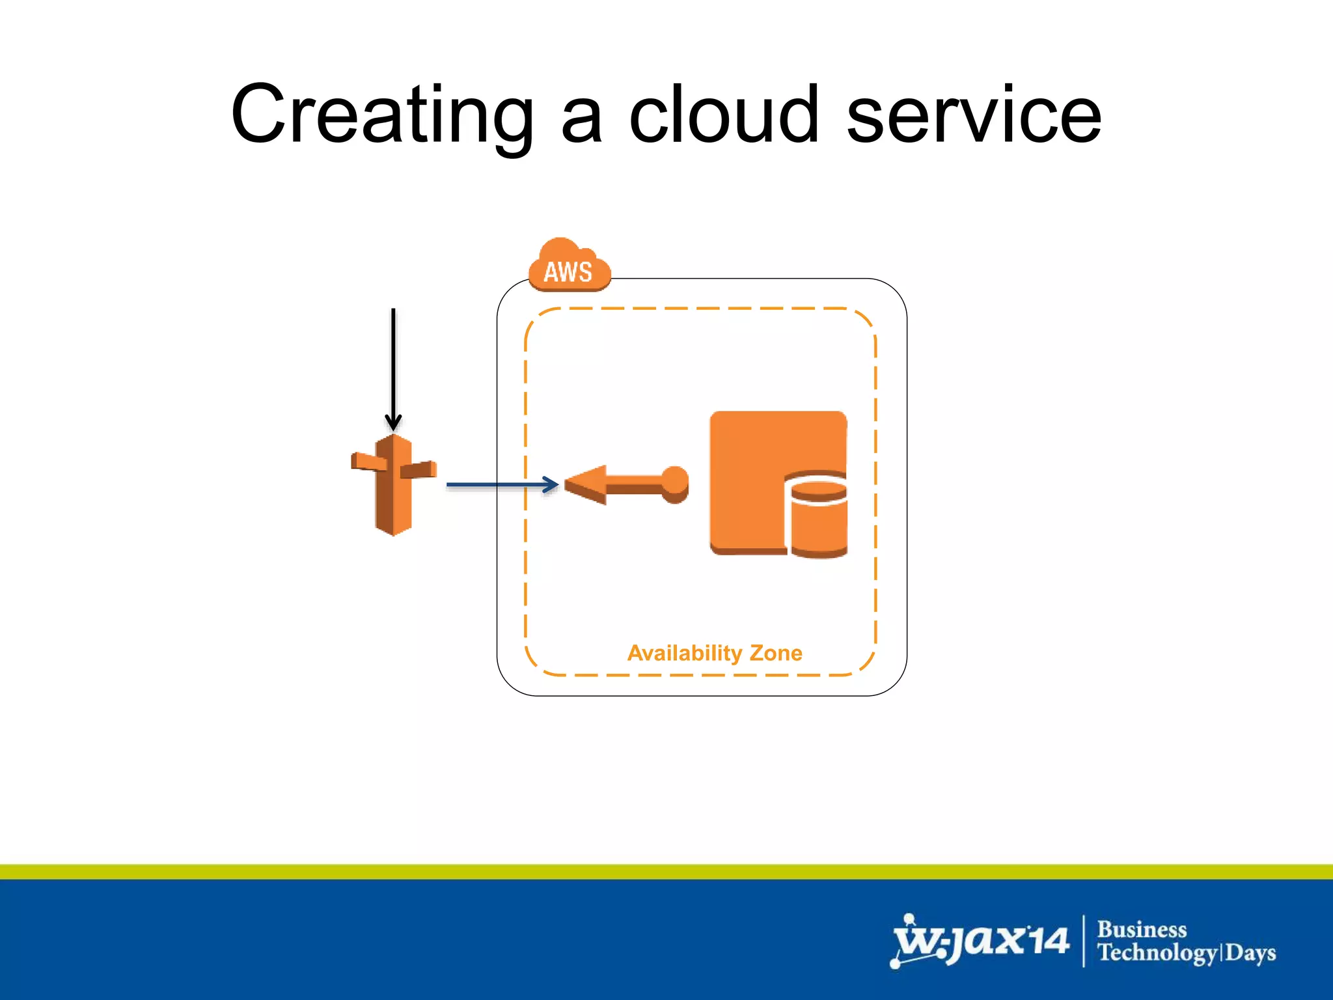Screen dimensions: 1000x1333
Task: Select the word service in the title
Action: (x=974, y=116)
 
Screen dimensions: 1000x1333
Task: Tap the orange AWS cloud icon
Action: (x=569, y=267)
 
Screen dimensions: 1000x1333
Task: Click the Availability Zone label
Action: (x=715, y=653)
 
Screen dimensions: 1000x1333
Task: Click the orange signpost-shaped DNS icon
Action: (x=393, y=485)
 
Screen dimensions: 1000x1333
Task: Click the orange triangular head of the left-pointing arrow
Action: (x=586, y=484)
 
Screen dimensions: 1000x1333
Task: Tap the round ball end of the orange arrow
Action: (x=675, y=483)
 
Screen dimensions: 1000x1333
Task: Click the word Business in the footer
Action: (x=1142, y=929)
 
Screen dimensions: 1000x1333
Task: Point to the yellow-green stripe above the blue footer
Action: (x=666, y=872)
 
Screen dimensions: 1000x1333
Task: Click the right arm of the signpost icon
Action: (x=419, y=469)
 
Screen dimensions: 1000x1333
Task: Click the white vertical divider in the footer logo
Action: (x=1084, y=941)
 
